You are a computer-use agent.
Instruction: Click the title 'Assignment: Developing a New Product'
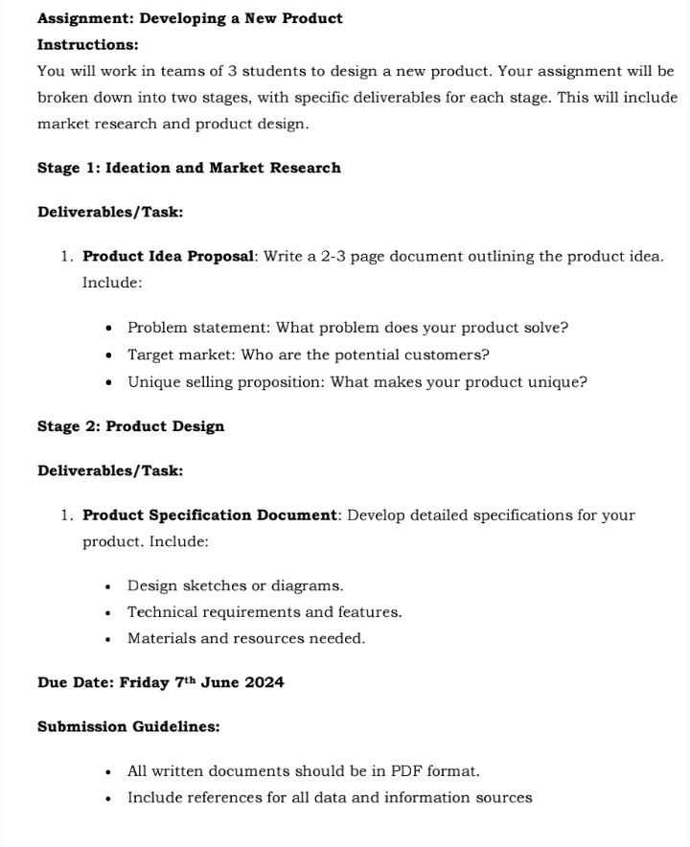point(190,18)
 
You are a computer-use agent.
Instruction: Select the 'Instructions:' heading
point(87,45)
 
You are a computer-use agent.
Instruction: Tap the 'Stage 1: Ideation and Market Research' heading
point(189,168)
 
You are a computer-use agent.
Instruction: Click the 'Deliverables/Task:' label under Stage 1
point(110,212)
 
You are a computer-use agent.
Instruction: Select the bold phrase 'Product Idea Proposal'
point(169,257)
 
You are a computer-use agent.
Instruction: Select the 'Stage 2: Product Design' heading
point(130,426)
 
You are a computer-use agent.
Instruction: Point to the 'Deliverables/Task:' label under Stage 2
point(110,470)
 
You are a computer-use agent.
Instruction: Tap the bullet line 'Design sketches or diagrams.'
point(235,585)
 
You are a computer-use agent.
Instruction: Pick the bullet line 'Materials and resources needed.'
point(246,638)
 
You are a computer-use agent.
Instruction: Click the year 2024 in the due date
point(264,683)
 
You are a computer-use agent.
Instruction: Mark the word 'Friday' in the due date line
point(144,683)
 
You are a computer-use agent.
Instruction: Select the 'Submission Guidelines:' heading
point(128,727)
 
